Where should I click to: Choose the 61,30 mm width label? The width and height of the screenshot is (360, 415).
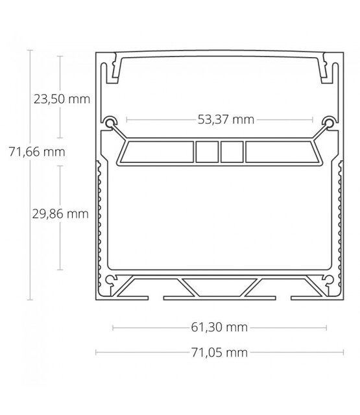tap(220, 327)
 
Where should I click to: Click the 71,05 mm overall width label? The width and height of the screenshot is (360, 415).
tap(220, 353)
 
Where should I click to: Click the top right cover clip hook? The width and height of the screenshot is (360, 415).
tap(326, 69)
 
